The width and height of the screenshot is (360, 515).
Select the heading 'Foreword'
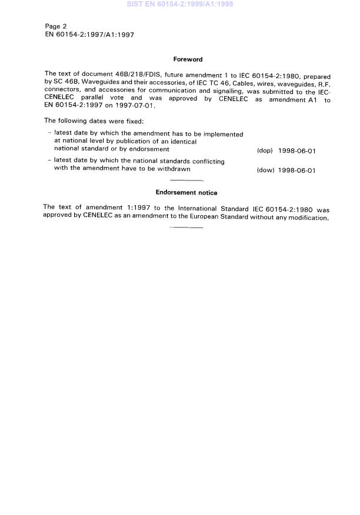188,59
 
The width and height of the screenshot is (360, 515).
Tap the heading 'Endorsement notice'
186,192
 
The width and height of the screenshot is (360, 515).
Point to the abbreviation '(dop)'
265,151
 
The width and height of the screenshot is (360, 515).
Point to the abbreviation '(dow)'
265,170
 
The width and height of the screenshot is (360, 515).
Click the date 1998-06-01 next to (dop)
297,151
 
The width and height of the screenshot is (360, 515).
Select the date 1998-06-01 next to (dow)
297,170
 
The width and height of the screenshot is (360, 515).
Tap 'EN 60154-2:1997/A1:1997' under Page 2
89,35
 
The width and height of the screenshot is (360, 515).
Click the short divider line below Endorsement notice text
185,227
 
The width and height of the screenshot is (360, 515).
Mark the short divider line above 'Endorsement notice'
185,180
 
